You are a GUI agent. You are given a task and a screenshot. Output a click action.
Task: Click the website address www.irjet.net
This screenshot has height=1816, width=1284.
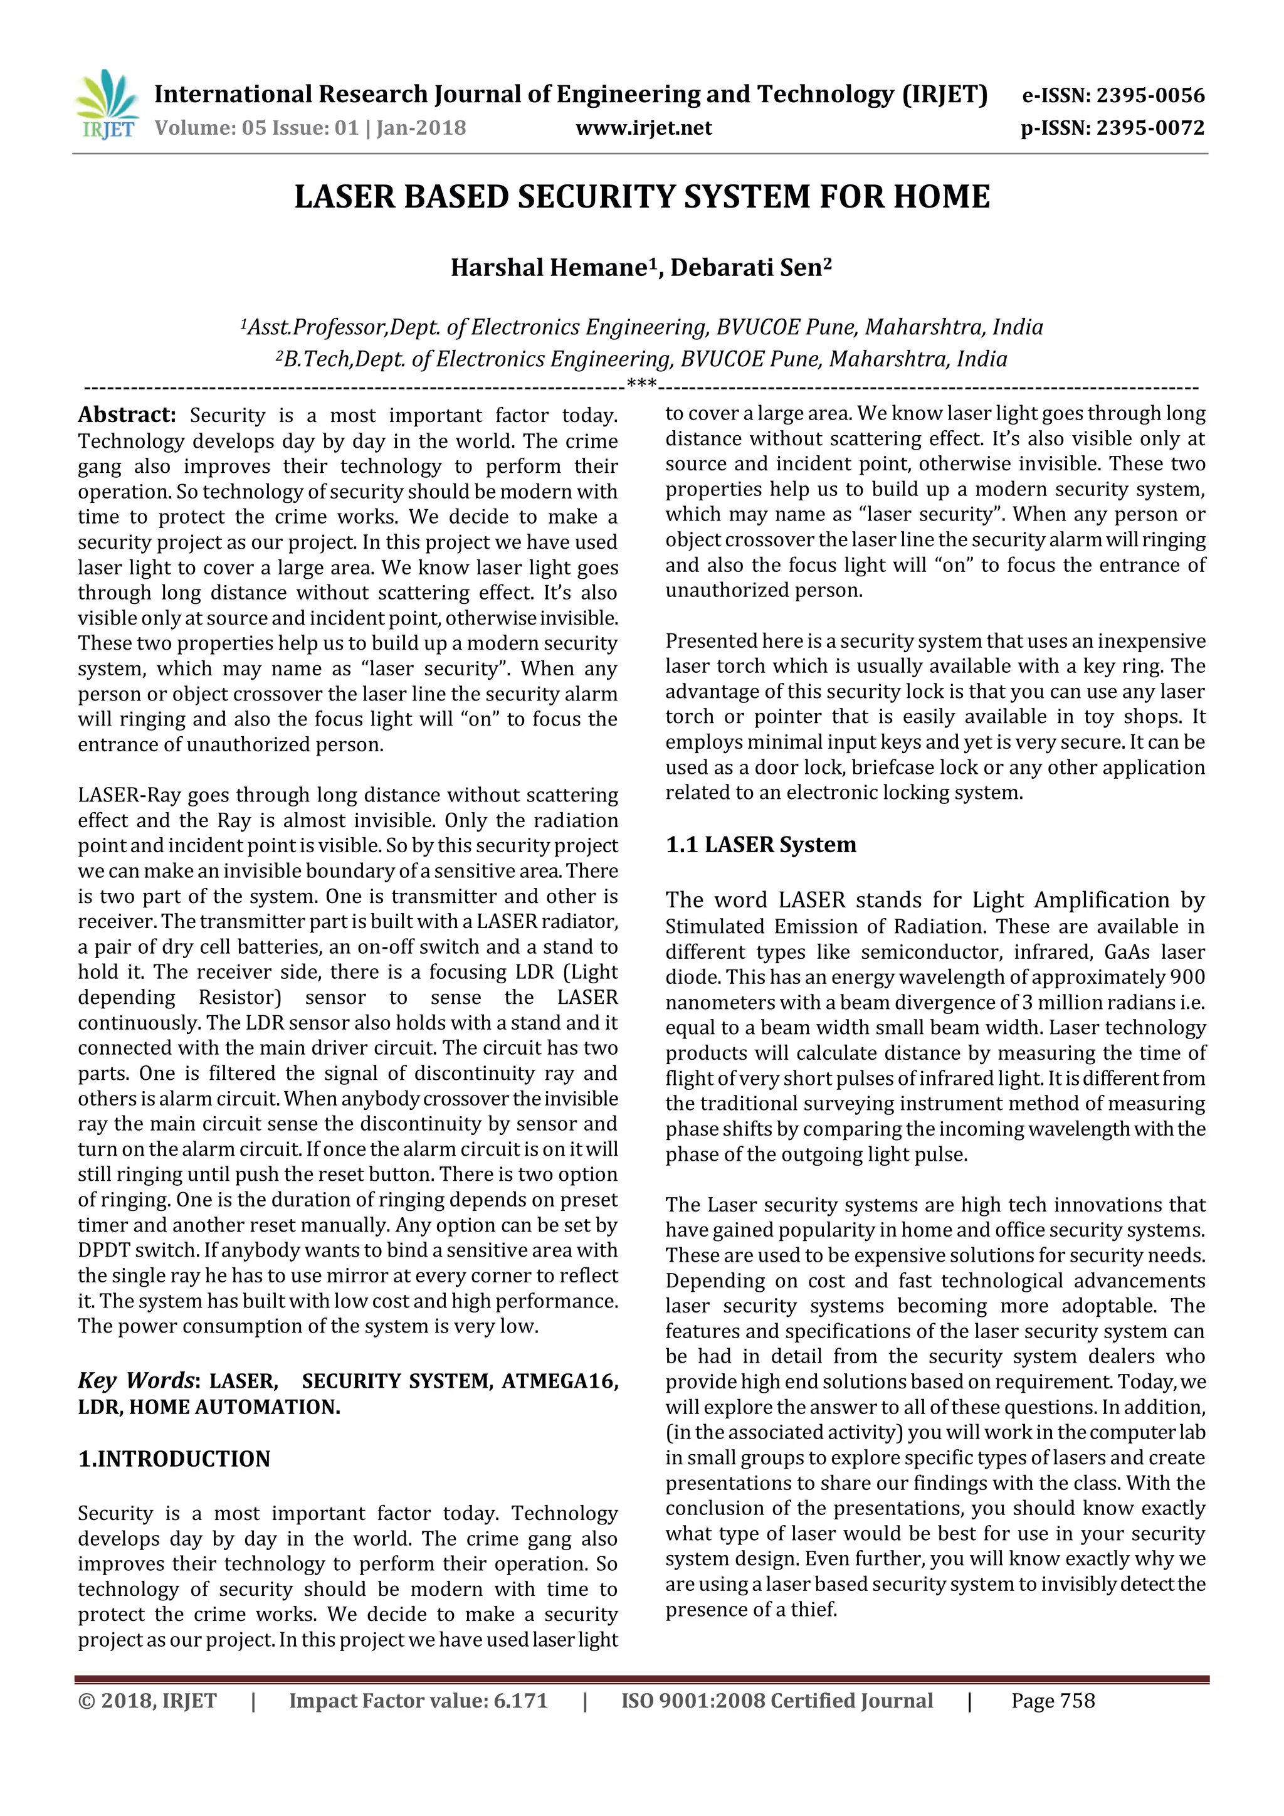(x=644, y=128)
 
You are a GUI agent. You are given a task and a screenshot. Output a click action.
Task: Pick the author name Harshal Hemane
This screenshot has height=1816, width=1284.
(x=548, y=268)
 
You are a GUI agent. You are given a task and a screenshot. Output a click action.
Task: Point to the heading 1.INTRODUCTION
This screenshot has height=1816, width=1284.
(x=174, y=1459)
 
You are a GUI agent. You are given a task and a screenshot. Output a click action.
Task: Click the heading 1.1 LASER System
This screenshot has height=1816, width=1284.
(x=760, y=845)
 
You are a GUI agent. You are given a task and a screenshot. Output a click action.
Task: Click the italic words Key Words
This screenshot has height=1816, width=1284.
(x=135, y=1381)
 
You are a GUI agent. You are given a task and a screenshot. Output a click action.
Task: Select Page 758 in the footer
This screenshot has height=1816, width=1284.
(x=1053, y=1701)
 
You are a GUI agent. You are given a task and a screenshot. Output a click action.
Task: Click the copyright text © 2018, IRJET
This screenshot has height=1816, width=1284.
(x=147, y=1701)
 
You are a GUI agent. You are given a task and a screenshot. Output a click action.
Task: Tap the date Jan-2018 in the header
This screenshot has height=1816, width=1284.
(x=421, y=128)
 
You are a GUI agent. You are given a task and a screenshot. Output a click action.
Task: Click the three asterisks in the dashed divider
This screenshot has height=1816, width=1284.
(x=641, y=385)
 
